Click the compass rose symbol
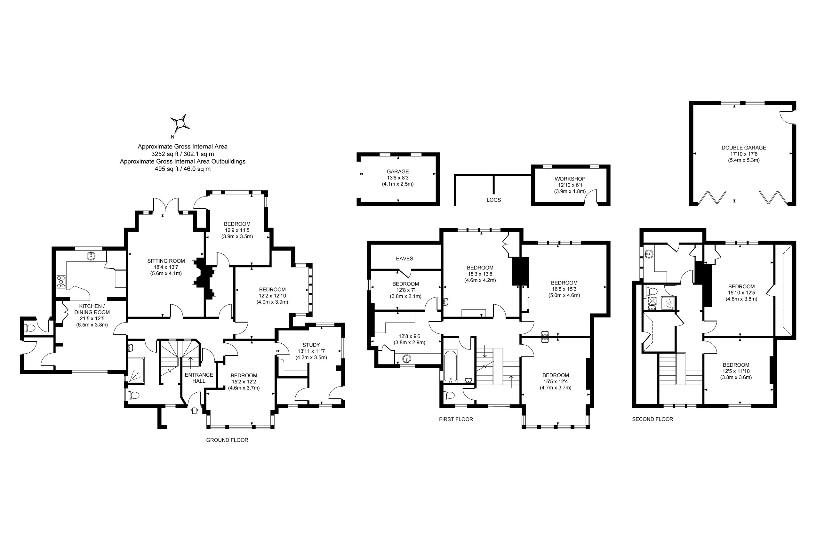pyautogui.click(x=180, y=123)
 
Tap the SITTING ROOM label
pyautogui.click(x=166, y=261)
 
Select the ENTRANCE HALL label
pyautogui.click(x=199, y=378)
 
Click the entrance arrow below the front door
pyautogui.click(x=194, y=411)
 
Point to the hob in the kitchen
pyautogui.click(x=61, y=281)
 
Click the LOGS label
pyautogui.click(x=493, y=200)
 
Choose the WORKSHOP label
pyautogui.click(x=570, y=179)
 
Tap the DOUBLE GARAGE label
pyautogui.click(x=743, y=148)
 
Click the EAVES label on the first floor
pyautogui.click(x=404, y=259)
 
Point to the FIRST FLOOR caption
pyautogui.click(x=456, y=419)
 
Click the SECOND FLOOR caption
pyautogui.click(x=652, y=419)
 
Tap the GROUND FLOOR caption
pyautogui.click(x=227, y=440)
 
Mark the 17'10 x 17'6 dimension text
pyautogui.click(x=743, y=154)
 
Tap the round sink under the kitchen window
pyautogui.click(x=91, y=256)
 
